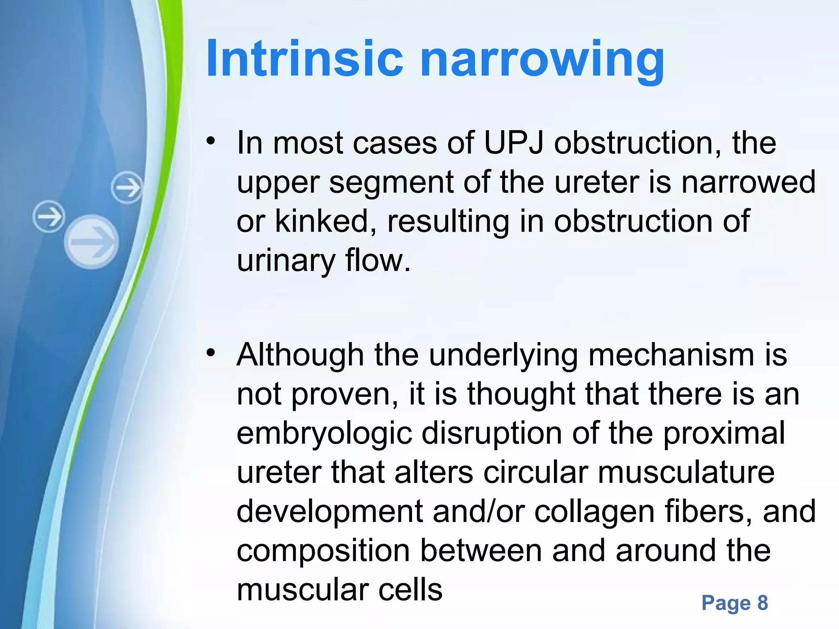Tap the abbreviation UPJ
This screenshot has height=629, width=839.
tap(514, 143)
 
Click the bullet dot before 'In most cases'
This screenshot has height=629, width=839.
tap(211, 141)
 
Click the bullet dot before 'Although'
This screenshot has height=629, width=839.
tap(211, 352)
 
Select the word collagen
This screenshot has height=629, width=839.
tap(594, 512)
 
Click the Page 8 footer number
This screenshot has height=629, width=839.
tap(735, 603)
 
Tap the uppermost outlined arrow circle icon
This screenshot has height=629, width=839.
tap(127, 188)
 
